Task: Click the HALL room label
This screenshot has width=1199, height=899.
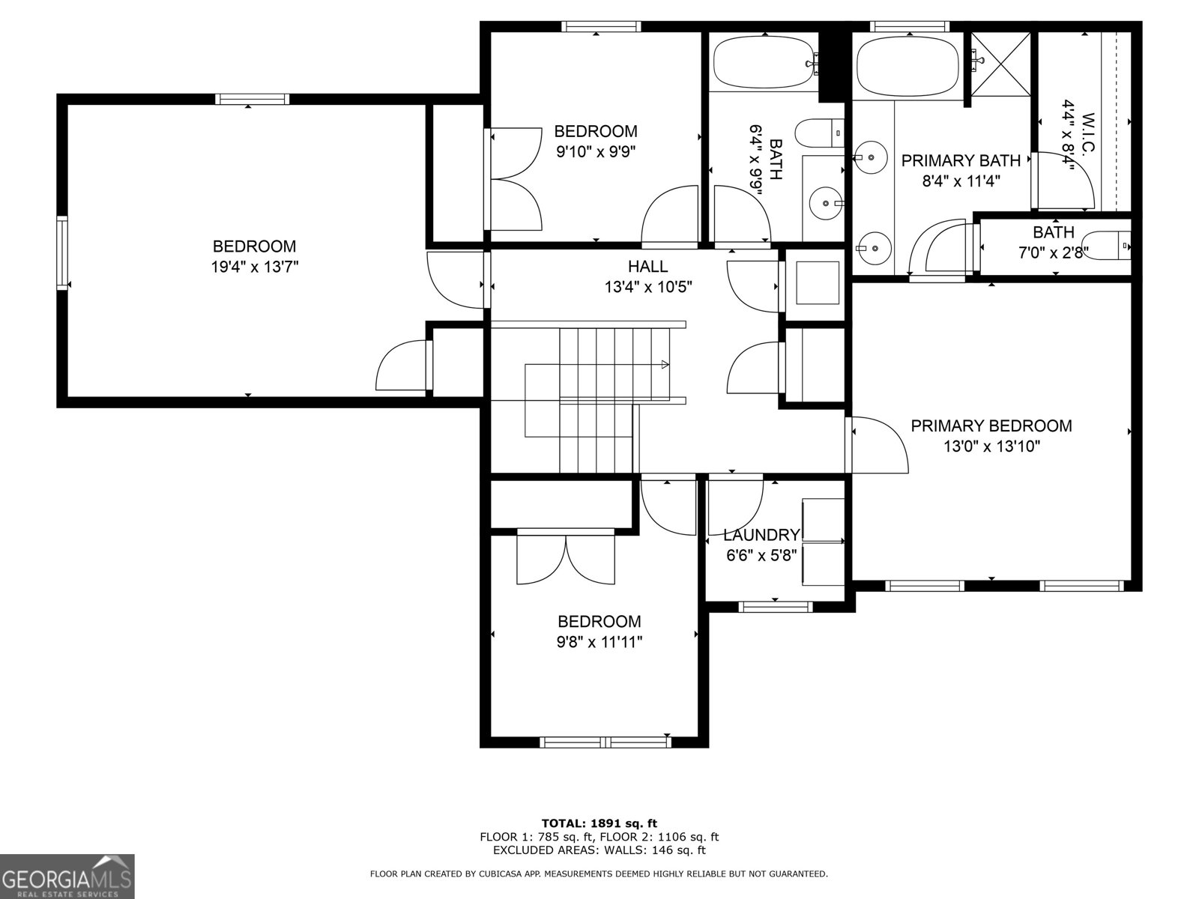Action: tap(647, 266)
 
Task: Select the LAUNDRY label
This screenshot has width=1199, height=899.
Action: tap(761, 535)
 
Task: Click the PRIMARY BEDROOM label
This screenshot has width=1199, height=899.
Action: tap(991, 426)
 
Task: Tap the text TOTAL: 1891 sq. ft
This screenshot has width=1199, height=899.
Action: tap(599, 823)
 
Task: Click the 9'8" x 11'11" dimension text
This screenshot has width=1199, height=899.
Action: tap(599, 642)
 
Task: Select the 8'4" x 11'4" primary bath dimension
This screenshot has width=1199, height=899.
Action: tap(961, 181)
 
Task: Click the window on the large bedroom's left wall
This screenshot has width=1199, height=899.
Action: tap(62, 252)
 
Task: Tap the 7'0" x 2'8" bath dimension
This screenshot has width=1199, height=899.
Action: tap(1053, 252)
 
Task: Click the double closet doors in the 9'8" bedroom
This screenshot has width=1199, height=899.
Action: tap(566, 558)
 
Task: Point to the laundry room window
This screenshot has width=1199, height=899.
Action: tap(775, 607)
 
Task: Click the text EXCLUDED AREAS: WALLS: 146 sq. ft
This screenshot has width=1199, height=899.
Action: tap(599, 850)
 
